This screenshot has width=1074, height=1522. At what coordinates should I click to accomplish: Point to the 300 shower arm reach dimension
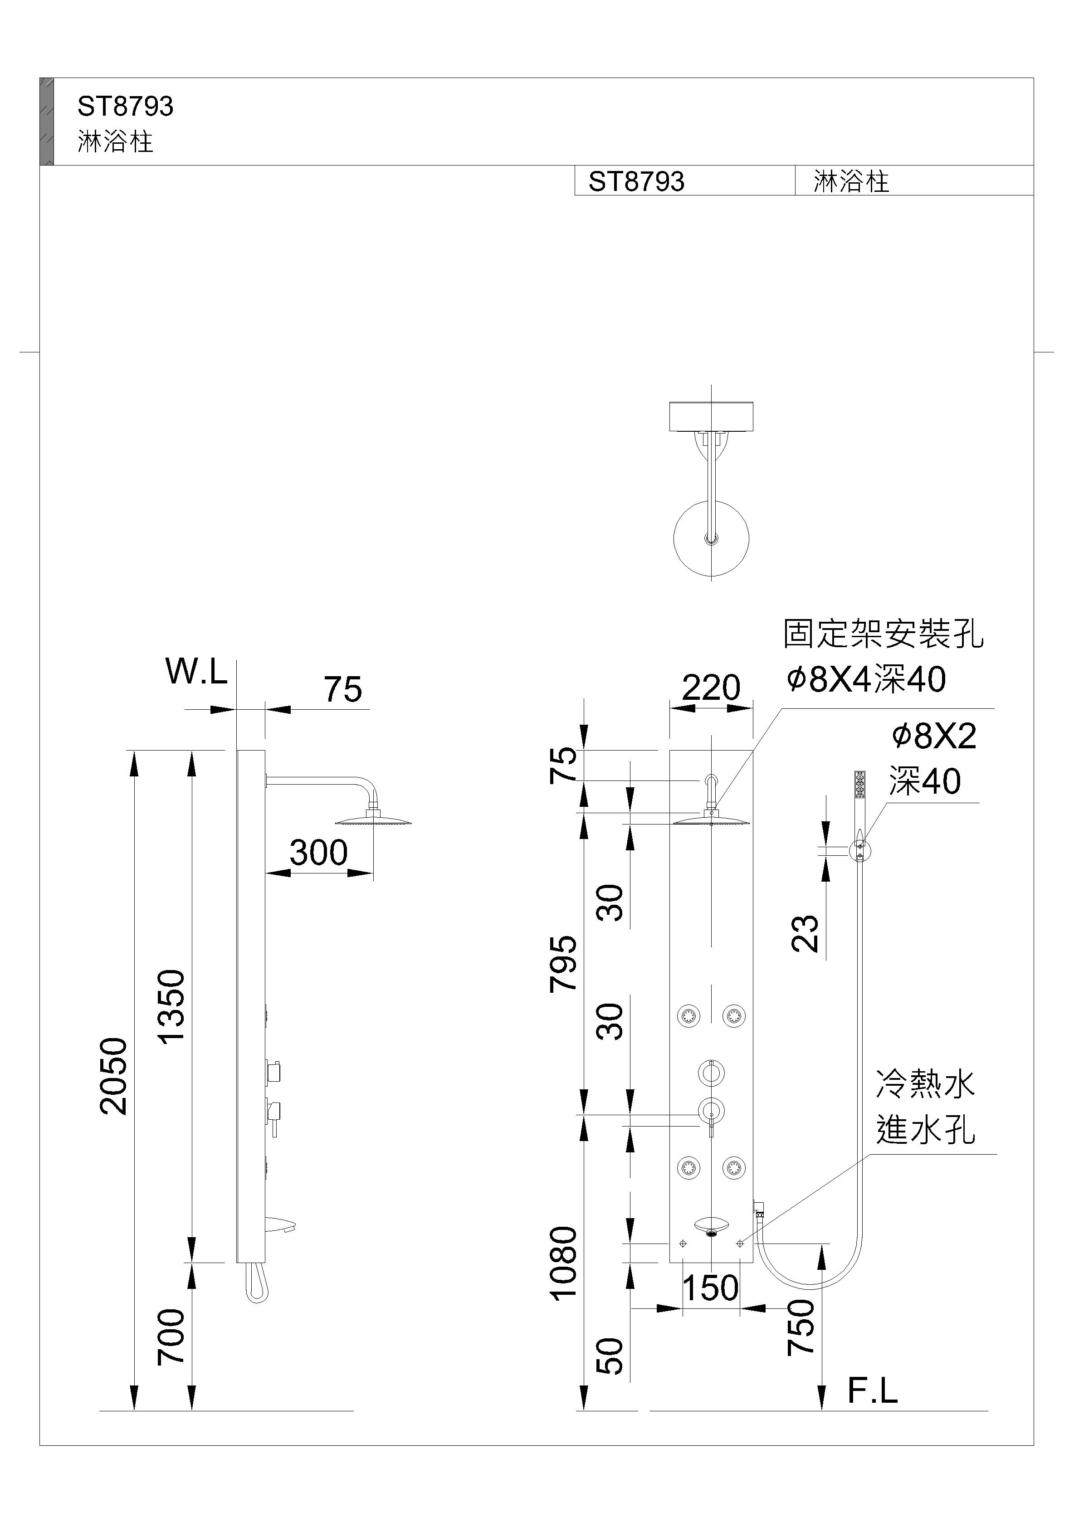coord(318,853)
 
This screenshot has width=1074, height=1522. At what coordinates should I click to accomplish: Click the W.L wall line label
coord(196,672)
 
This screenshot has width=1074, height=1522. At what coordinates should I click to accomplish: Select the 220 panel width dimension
coord(711,688)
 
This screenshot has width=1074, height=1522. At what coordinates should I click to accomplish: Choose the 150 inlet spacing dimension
coord(710,1288)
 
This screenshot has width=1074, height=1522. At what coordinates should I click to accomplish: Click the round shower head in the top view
coord(711,539)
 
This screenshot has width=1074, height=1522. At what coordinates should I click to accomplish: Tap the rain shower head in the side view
coord(374,821)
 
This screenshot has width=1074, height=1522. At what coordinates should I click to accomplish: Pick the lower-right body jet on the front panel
coord(733,1167)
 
